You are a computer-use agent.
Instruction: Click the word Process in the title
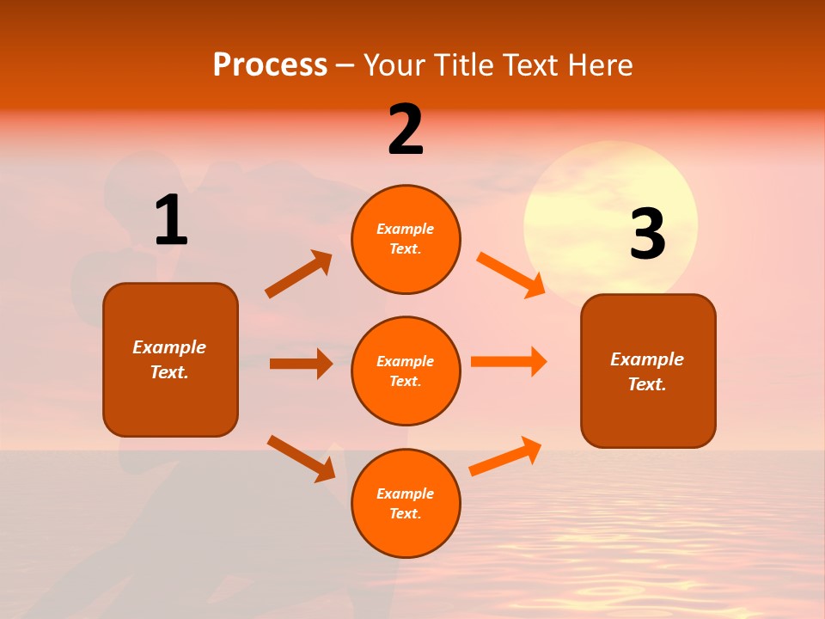pyautogui.click(x=270, y=65)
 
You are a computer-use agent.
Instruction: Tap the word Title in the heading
pyautogui.click(x=463, y=65)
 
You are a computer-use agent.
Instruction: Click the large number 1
pyautogui.click(x=171, y=221)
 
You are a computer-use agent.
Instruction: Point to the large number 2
pyautogui.click(x=406, y=130)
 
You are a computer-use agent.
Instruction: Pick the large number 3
pyautogui.click(x=648, y=235)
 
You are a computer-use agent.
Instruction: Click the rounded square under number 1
pyautogui.click(x=170, y=359)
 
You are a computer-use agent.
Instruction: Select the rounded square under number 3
pyautogui.click(x=648, y=371)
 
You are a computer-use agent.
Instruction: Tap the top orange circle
pyautogui.click(x=406, y=239)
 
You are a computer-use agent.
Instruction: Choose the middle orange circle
pyautogui.click(x=406, y=371)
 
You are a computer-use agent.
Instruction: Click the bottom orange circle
pyautogui.click(x=406, y=503)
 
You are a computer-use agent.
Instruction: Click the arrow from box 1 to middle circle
pyautogui.click(x=301, y=364)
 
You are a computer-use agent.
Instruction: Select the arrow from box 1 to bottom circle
pyautogui.click(x=301, y=458)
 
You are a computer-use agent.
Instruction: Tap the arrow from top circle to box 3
pyautogui.click(x=510, y=274)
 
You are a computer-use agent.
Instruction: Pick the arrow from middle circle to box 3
pyautogui.click(x=509, y=361)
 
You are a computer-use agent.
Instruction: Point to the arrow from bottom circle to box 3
pyautogui.click(x=505, y=457)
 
